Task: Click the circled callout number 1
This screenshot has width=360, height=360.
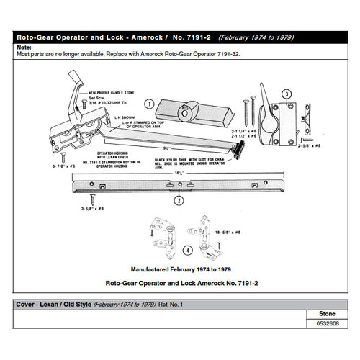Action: pyautogui.click(x=148, y=104)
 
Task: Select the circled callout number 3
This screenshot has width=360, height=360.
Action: pyautogui.click(x=286, y=94)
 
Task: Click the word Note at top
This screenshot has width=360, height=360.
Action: pyautogui.click(x=24, y=47)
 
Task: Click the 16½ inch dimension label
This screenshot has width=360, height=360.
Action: pyautogui.click(x=177, y=174)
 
